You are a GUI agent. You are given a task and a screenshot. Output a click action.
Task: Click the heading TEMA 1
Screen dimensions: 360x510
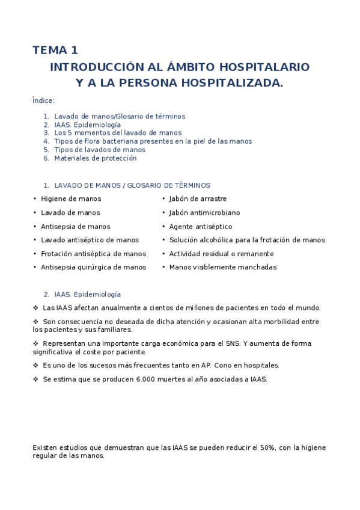coord(55,51)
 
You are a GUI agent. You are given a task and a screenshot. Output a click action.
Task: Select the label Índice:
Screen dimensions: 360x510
coord(43,100)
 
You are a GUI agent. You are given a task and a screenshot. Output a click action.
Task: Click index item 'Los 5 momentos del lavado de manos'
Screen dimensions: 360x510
coord(118,133)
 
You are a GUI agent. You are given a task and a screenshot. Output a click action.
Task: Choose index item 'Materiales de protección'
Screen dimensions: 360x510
coord(96,158)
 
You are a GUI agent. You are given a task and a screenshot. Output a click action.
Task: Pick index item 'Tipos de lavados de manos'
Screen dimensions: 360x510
coord(100,150)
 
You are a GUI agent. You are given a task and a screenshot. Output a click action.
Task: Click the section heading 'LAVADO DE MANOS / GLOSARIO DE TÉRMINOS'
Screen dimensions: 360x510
coord(132,185)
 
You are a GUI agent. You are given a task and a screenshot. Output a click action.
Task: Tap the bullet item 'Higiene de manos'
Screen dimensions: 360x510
coord(71,198)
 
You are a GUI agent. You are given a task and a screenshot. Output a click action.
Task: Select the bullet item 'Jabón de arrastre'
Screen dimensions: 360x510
coord(198,198)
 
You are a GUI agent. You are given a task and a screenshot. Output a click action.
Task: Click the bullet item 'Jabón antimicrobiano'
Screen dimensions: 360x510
coord(204,212)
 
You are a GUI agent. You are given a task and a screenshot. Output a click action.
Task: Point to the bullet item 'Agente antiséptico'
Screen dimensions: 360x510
coord(200,227)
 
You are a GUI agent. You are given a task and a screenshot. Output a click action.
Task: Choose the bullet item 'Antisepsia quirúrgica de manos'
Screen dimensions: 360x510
coord(93,267)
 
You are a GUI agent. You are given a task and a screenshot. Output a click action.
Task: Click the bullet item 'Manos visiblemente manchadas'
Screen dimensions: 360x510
coord(222,267)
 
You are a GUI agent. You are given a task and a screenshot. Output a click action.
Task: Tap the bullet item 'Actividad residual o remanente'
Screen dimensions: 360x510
coord(221,254)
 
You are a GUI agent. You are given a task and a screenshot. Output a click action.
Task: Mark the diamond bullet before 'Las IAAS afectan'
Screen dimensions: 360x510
coord(35,307)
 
